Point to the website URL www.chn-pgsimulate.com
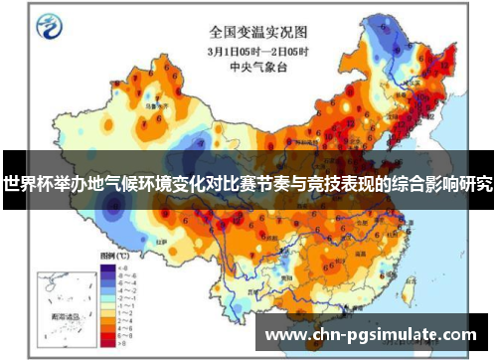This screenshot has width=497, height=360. [x=371, y=334]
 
